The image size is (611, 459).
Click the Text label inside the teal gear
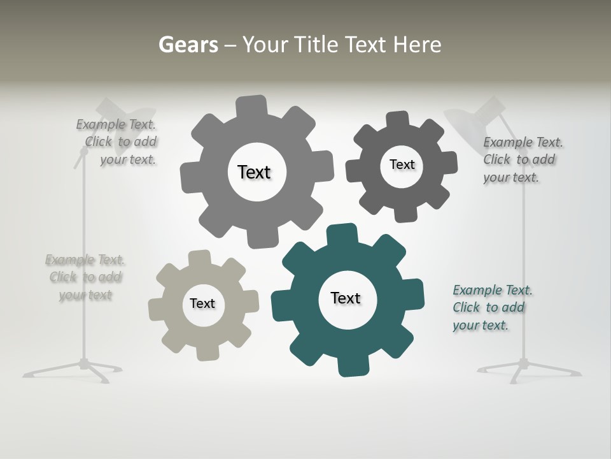(346, 298)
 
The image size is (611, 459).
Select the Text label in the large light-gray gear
(254, 172)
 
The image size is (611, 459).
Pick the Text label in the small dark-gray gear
(402, 164)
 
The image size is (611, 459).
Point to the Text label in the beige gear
(202, 303)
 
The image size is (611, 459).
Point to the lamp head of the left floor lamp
(124, 112)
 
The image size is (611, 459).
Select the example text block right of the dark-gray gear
(522, 160)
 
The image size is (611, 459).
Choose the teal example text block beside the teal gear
(492, 308)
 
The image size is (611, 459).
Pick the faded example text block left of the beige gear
(85, 277)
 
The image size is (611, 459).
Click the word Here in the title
(418, 45)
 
